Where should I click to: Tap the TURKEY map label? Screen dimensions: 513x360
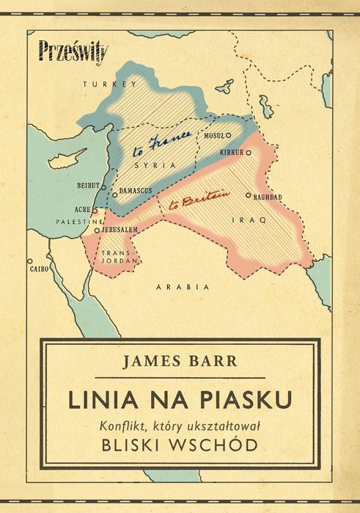(x=110, y=85)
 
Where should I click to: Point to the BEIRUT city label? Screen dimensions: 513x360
(x=87, y=186)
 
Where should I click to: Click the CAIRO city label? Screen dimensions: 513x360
(x=39, y=269)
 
